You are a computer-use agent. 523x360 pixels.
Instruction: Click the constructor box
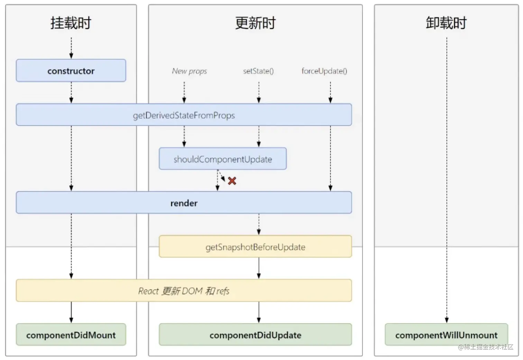pos(71,71)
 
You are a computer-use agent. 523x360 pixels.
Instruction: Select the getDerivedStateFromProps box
pos(184,114)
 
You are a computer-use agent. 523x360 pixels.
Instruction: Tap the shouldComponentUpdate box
pos(223,158)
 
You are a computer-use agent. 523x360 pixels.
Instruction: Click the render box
pos(184,202)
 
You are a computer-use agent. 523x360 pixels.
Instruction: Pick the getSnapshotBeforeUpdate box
pos(255,246)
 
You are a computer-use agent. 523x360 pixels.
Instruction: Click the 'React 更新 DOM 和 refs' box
pos(184,290)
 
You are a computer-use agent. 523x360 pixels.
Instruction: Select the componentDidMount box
pos(71,334)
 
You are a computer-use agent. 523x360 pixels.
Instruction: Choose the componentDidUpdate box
pos(255,334)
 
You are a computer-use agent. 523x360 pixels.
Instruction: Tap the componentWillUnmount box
pos(446,334)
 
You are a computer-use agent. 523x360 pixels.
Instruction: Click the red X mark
pos(232,181)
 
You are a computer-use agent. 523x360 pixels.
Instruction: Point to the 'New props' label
pos(189,71)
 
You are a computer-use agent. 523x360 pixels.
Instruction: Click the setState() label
pos(258,71)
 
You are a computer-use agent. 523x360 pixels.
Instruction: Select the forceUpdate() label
pos(324,71)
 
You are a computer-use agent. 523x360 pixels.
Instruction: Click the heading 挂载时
pos(71,23)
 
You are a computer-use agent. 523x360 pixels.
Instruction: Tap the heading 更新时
pos(255,23)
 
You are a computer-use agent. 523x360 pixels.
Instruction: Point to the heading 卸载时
pos(446,23)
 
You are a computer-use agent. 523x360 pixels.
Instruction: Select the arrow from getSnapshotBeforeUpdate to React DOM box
pos(259,268)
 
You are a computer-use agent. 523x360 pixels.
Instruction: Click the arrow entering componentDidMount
pos(71,312)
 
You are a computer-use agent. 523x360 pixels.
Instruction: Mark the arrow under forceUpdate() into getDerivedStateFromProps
pos(330,92)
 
